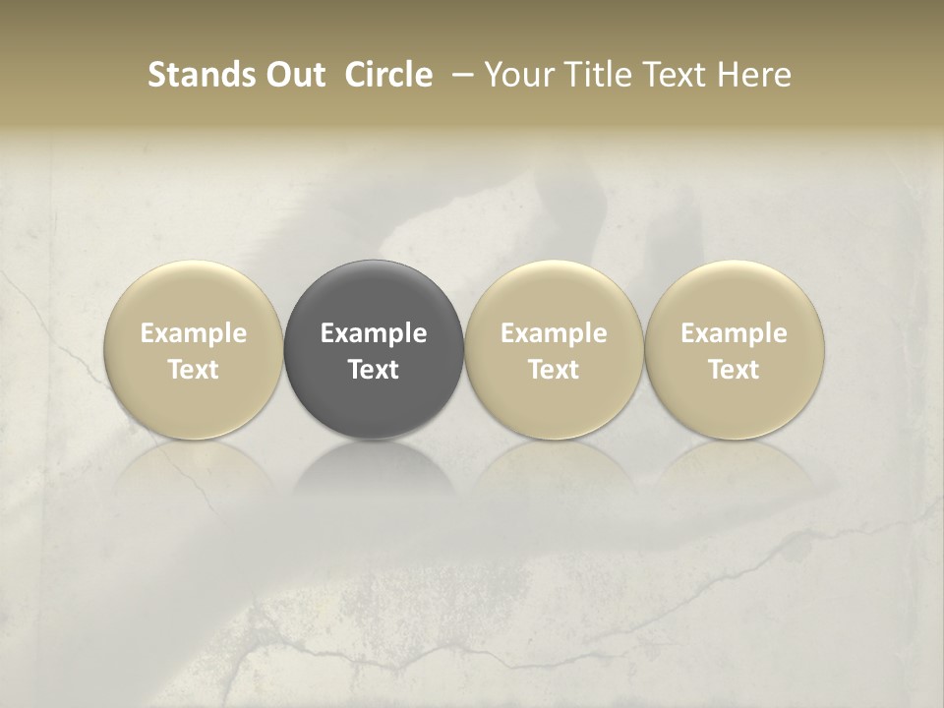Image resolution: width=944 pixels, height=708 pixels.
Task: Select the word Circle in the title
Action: [x=387, y=75]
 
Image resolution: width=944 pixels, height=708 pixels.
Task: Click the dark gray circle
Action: [x=374, y=350]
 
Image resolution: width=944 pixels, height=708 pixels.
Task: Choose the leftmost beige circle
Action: [x=194, y=350]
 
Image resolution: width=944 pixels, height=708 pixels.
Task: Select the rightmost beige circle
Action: [x=735, y=350]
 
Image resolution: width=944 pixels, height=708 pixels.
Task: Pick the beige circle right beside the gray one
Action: [x=554, y=350]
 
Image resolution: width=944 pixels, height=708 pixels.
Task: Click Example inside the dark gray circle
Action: [x=374, y=333]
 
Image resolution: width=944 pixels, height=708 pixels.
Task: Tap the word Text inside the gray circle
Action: [x=374, y=370]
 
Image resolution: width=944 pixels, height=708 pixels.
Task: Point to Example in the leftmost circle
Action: [x=194, y=333]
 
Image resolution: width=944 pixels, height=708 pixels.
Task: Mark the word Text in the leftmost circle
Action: [x=194, y=370]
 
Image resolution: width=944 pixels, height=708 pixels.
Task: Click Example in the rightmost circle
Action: [x=735, y=333]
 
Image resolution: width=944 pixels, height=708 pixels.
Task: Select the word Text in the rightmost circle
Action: [x=735, y=370]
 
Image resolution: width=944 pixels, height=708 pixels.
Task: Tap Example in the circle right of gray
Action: [x=554, y=333]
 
